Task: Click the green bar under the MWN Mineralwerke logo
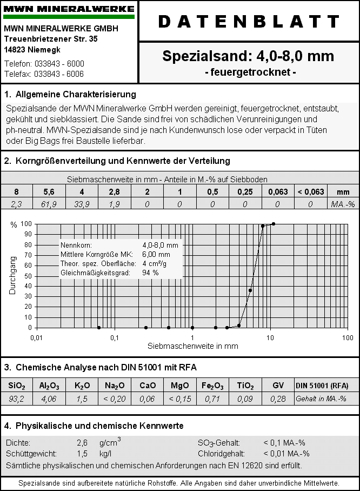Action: tap(69, 17)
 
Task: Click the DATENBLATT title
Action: tap(249, 22)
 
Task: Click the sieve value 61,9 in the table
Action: tap(49, 204)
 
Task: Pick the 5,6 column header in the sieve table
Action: tap(49, 192)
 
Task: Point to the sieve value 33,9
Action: tap(82, 204)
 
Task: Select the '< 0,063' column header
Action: tap(310, 192)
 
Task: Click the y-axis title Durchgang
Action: tap(12, 275)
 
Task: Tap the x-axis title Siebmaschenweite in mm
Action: tap(192, 346)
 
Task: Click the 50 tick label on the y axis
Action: tap(26, 276)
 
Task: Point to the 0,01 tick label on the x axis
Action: tap(36, 337)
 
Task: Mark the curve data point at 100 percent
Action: tap(274, 224)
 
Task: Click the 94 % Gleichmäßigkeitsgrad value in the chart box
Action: tap(151, 273)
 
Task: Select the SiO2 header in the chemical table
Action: tap(17, 386)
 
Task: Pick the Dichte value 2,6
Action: tap(82, 443)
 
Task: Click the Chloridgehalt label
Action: tap(221, 454)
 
